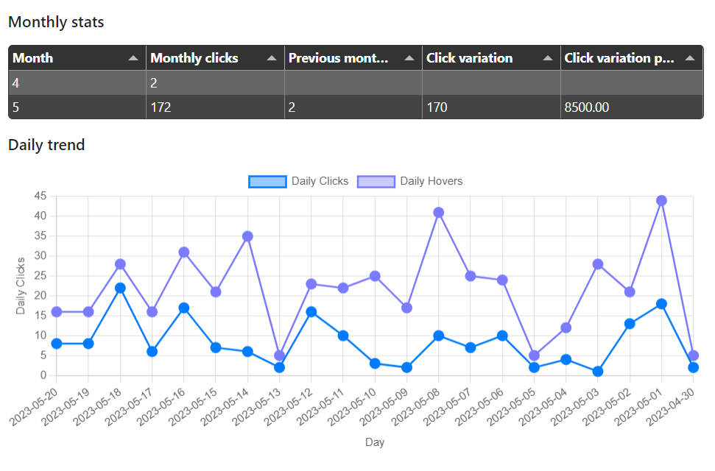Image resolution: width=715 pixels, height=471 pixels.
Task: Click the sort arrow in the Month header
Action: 133,58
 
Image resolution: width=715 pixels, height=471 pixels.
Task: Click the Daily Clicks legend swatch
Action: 268,182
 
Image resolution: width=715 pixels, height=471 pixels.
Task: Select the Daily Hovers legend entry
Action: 409,182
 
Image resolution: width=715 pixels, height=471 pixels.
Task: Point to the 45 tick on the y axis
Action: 40,196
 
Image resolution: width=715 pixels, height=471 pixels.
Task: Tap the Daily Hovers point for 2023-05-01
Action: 662,201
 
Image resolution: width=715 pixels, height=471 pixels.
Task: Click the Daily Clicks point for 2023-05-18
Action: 120,288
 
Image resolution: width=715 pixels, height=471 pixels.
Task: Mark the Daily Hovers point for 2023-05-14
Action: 247,236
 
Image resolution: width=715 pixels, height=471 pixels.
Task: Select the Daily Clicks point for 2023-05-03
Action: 598,372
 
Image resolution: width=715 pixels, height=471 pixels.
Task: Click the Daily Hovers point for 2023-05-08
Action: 439,213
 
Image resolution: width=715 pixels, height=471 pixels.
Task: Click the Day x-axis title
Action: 375,442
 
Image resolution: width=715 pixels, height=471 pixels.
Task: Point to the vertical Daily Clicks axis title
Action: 21,286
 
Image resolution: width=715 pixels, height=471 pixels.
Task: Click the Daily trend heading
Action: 46,145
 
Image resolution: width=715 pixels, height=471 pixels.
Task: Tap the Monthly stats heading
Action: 56,22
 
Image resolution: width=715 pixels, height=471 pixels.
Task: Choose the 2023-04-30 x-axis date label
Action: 671,407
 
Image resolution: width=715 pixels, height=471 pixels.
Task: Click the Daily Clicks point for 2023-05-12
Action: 311,312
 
